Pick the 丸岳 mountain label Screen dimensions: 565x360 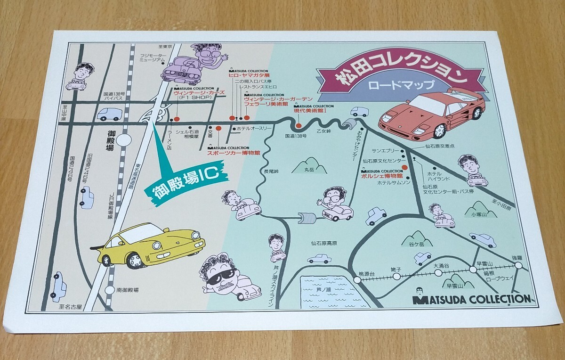point(308,170)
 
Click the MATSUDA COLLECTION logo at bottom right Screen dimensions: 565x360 point(471,298)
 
